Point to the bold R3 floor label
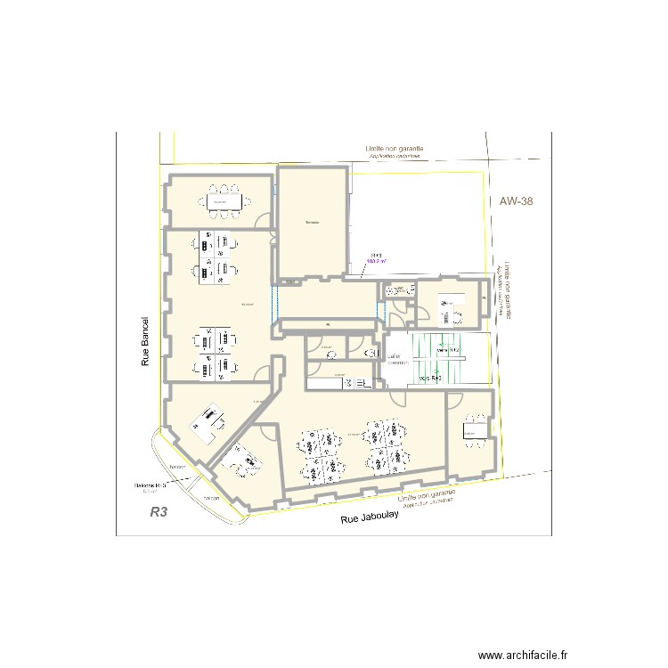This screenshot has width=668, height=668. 159,512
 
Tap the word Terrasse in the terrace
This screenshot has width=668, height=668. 312,222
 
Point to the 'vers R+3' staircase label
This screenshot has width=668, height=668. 430,379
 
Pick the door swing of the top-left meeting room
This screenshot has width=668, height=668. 263,220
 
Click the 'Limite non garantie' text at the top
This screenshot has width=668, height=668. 393,148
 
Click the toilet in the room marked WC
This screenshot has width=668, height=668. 330,354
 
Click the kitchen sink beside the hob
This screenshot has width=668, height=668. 365,385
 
